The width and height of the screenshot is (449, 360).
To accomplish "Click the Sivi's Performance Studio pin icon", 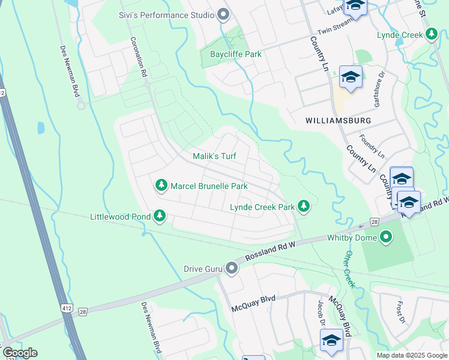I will [x=224, y=14].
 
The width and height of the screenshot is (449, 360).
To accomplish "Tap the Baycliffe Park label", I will [x=235, y=54].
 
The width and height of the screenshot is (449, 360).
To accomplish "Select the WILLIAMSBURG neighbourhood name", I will [x=338, y=121].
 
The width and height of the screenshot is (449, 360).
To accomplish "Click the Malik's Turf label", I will [x=214, y=156].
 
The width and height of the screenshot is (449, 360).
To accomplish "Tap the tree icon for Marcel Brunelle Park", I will [x=161, y=185].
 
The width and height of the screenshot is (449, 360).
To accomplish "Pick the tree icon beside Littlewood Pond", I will [x=159, y=215].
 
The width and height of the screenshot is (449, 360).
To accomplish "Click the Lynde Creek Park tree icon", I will [x=304, y=206].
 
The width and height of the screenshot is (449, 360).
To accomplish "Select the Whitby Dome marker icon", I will [x=387, y=238].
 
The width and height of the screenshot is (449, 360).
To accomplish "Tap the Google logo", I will [x=20, y=353].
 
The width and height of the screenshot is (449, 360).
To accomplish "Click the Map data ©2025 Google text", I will [x=412, y=355].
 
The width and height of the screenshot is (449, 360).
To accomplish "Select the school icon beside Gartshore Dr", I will [x=351, y=77].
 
